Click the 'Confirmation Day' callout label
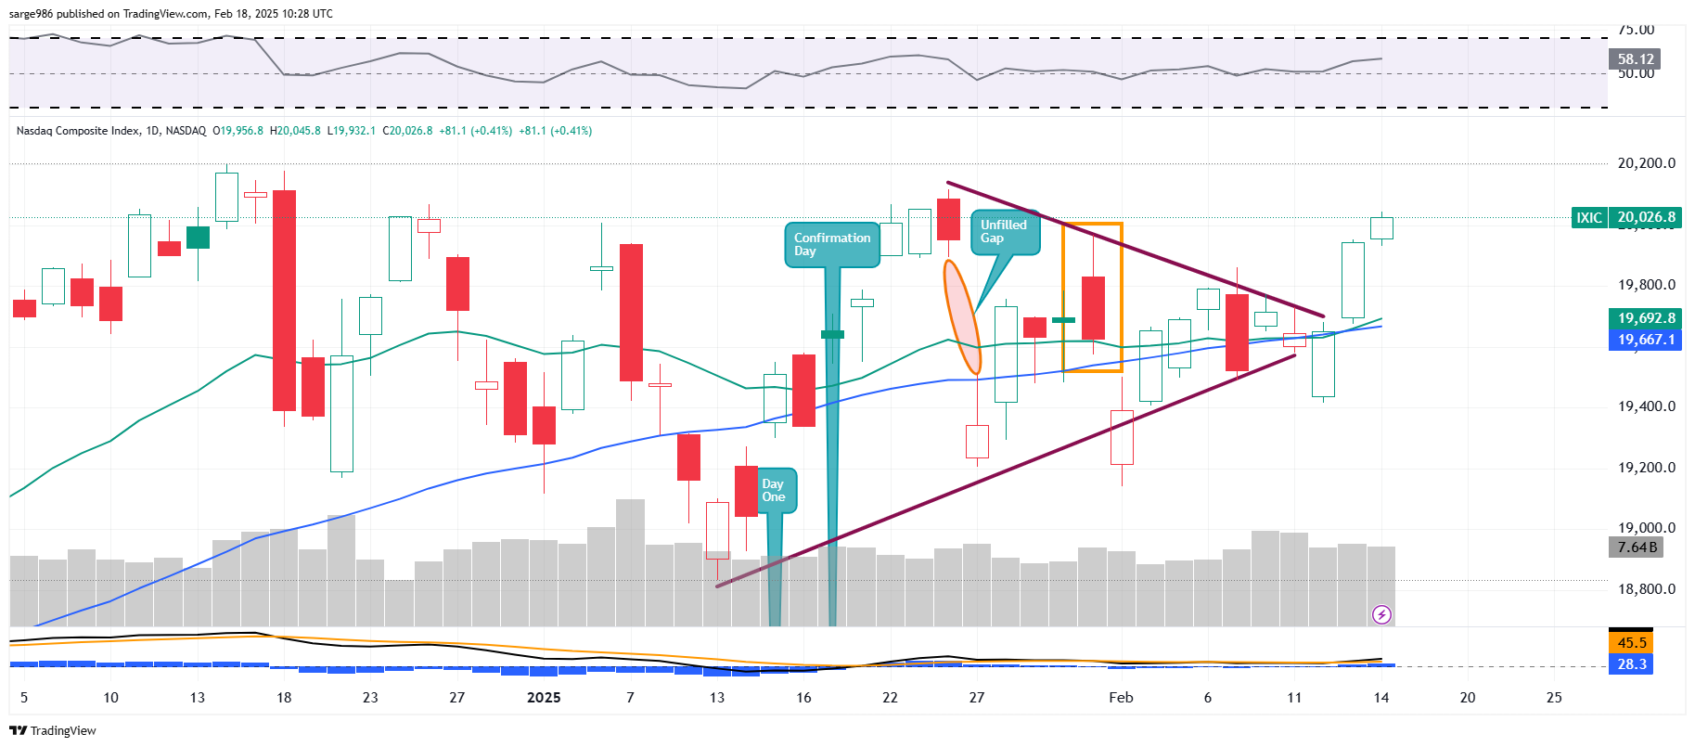(832, 245)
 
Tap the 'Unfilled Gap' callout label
(1005, 232)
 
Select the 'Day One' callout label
(774, 490)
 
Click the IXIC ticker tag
(1589, 218)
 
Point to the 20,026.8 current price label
(1646, 218)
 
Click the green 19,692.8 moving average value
(1646, 318)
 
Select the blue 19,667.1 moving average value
(1646, 340)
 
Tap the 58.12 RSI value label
(1635, 59)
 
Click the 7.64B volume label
(1635, 547)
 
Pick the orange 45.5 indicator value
(1632, 643)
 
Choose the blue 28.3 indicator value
(1632, 664)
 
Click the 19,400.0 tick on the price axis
(1646, 406)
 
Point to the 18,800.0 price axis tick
(1646, 589)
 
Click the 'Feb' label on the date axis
(1121, 698)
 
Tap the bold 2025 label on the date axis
(544, 698)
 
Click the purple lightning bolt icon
(1381, 614)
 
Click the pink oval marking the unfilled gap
(962, 317)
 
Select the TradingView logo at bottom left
(53, 731)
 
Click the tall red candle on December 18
(284, 300)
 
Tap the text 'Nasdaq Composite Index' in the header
(77, 131)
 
